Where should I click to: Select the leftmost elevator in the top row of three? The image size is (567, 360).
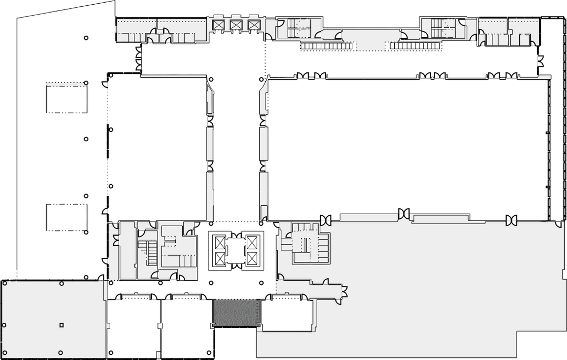click(217, 25)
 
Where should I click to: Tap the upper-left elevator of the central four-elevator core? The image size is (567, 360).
click(218, 242)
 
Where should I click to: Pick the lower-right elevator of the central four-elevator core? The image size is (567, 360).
click(253, 258)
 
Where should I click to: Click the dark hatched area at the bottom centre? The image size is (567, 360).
click(236, 313)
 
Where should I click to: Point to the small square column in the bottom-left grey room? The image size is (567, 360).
click(61, 325)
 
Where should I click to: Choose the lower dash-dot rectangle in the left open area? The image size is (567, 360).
click(66, 217)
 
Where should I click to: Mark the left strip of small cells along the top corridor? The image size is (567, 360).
click(325, 46)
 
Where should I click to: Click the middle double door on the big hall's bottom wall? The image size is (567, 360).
click(404, 214)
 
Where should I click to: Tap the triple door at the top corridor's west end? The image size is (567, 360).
click(139, 59)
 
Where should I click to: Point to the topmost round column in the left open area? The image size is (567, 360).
click(86, 38)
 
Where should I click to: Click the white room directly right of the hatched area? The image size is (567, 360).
click(287, 314)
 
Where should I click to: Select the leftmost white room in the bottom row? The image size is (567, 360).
click(133, 326)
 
